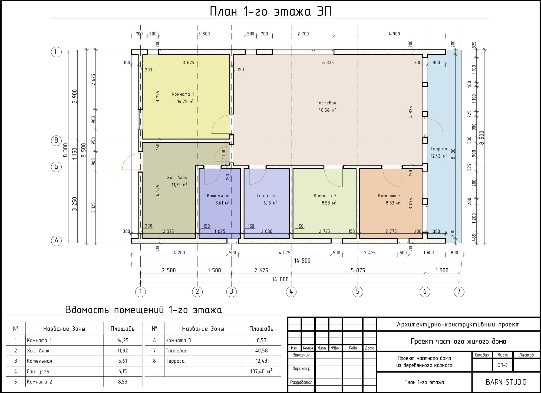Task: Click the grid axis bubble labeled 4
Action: tap(291, 292)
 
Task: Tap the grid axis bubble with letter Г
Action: tap(56, 52)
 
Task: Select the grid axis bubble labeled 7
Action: tap(459, 292)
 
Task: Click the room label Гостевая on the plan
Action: tap(326, 103)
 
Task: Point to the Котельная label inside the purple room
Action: tap(218, 196)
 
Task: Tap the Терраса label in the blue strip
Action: tap(439, 149)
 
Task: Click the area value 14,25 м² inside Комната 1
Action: tap(185, 101)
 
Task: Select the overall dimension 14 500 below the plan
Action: tap(302, 260)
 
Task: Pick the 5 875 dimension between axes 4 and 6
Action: tap(358, 270)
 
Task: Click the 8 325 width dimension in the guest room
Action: tap(328, 62)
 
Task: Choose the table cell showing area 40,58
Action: tap(261, 351)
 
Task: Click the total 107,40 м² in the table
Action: tap(261, 371)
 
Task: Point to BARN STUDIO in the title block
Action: tap(506, 382)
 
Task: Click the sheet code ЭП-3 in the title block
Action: tap(503, 365)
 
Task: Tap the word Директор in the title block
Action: tap(301, 368)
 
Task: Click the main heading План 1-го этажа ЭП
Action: tap(270, 11)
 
